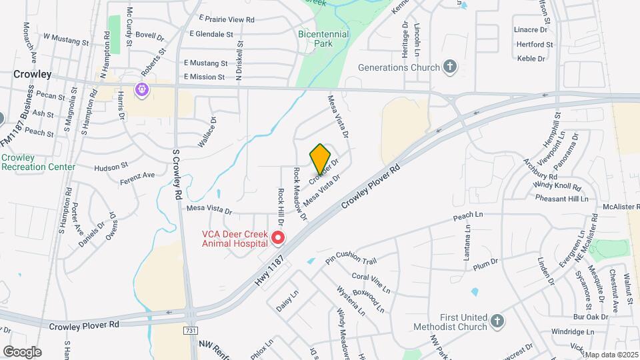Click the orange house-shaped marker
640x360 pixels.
pyautogui.click(x=320, y=159)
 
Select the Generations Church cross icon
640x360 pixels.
pyautogui.click(x=451, y=67)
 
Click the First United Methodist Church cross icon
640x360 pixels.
pyautogui.click(x=497, y=322)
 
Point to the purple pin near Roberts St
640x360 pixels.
pyautogui.click(x=141, y=89)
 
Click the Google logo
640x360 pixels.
pyautogui.click(x=22, y=352)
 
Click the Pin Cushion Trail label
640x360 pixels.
pyautogui.click(x=351, y=257)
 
